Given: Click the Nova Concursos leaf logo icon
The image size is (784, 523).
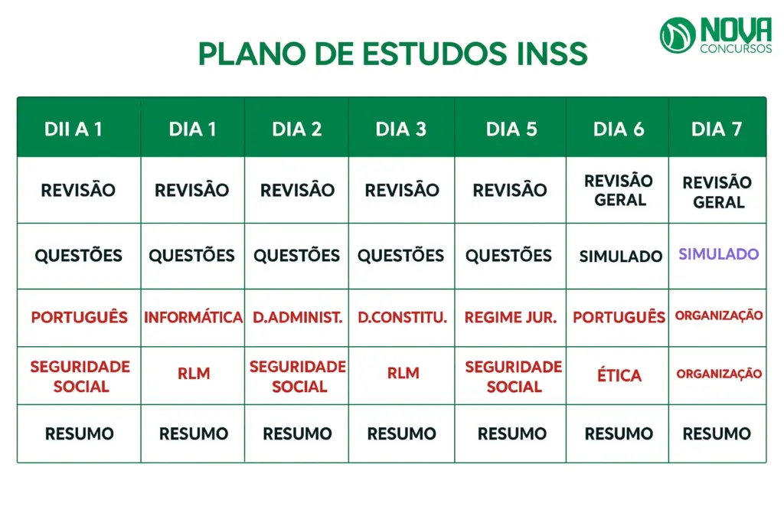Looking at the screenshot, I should coord(678,35).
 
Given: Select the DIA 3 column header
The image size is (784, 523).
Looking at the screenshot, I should coord(401,129).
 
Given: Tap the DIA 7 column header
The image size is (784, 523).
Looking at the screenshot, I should coord(717,129).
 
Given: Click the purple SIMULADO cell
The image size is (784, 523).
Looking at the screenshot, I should coord(718,254).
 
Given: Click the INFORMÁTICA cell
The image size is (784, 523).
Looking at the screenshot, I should coord(193,317).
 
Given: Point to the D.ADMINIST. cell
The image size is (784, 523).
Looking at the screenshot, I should coord(297,317).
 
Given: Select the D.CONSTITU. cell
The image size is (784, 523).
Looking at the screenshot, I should coord(402,317).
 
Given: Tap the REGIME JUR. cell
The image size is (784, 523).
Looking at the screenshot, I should coord(511,317).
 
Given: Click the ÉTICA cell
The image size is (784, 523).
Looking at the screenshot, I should coord(619,375).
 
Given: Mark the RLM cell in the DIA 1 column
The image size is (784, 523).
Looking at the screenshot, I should coord(193,374).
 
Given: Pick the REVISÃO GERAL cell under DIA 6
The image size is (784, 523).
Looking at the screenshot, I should coord(619,190).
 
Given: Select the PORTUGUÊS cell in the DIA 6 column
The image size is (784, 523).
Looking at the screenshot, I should coord(619,317).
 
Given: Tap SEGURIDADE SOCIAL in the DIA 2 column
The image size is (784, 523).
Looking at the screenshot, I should coord(298,376).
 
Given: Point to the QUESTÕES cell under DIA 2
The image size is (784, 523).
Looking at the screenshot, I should coord(297,256).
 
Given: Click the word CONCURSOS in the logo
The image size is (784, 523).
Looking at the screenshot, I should coord(736,49).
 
